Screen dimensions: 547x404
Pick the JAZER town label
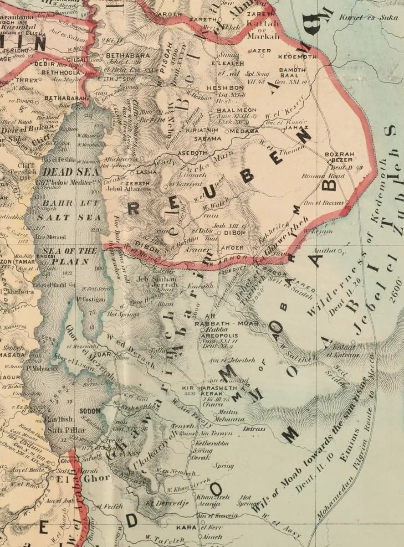pyautogui.click(x=259, y=51)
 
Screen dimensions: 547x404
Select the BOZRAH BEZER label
pyautogui.click(x=339, y=157)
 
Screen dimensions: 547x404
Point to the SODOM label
pyautogui.click(x=90, y=411)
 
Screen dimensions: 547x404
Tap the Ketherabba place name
pyautogui.click(x=212, y=443)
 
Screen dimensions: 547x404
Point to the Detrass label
pyautogui.click(x=255, y=429)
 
